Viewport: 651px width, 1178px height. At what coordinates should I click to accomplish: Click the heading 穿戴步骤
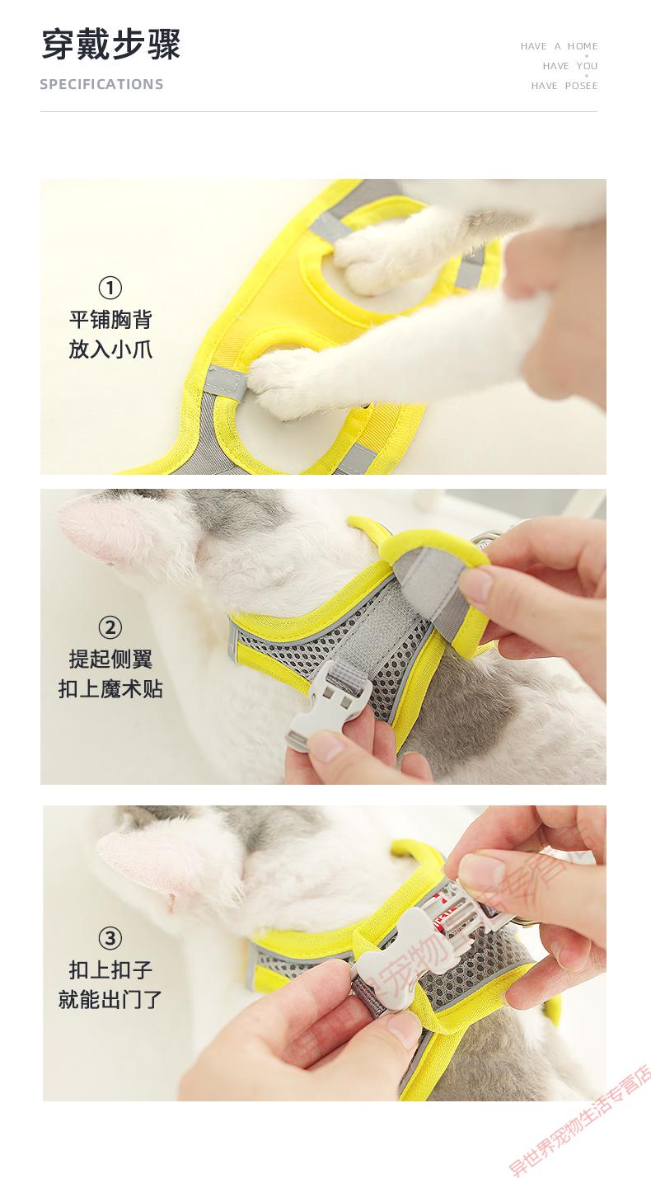click(110, 45)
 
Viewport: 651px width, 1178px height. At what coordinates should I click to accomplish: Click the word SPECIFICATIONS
click(101, 84)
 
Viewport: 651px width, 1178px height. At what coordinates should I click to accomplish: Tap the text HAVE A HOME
click(559, 46)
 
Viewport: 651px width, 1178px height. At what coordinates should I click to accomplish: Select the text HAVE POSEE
click(564, 86)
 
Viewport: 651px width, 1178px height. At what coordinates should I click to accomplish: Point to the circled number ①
click(110, 288)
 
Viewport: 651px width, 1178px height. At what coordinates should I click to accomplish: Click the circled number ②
click(110, 627)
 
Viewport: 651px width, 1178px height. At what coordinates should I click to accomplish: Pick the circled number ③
click(110, 938)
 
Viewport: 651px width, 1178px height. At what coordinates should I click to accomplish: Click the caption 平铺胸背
click(110, 319)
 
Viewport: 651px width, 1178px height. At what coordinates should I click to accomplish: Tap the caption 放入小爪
click(110, 349)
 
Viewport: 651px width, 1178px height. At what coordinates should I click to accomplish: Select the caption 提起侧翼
click(110, 659)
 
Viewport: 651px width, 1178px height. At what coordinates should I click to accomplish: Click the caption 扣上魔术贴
click(110, 688)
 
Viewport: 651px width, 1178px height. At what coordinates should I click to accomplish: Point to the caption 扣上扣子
click(110, 969)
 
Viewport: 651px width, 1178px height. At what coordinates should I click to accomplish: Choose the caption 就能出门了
click(110, 999)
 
